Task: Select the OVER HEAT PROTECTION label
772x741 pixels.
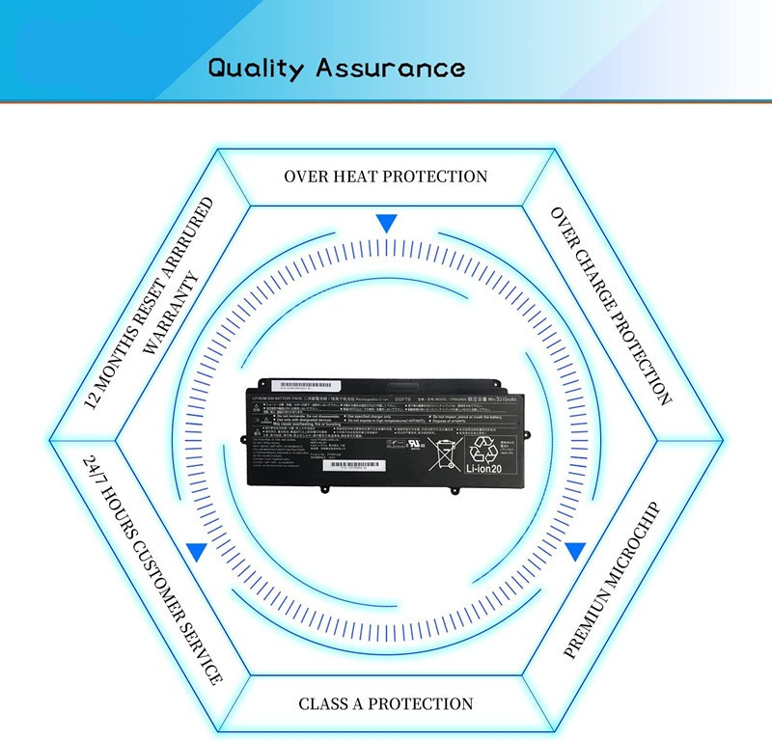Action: click(x=385, y=177)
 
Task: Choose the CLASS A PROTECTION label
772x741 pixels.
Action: click(x=386, y=704)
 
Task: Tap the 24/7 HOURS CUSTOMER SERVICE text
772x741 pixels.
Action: click(x=153, y=569)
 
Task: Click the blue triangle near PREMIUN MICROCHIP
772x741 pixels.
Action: click(x=575, y=552)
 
